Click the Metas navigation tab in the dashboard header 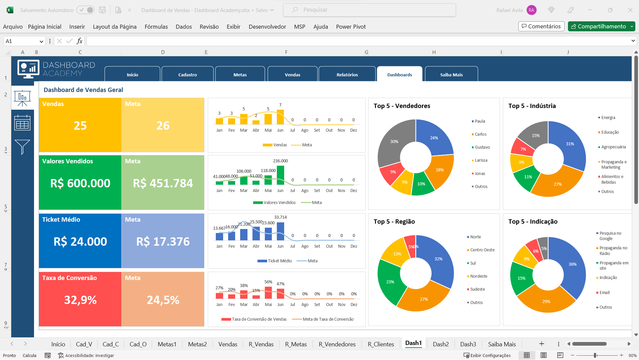(x=240, y=74)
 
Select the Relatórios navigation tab (x=347, y=74)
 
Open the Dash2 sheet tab (x=441, y=344)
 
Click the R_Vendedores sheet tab (x=337, y=344)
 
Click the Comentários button (x=541, y=26)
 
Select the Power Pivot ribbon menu (x=351, y=27)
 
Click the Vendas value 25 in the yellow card (x=80, y=126)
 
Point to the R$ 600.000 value (x=80, y=183)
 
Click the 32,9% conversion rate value (x=80, y=300)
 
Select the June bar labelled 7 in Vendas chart (x=280, y=117)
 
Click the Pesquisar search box (x=370, y=10)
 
